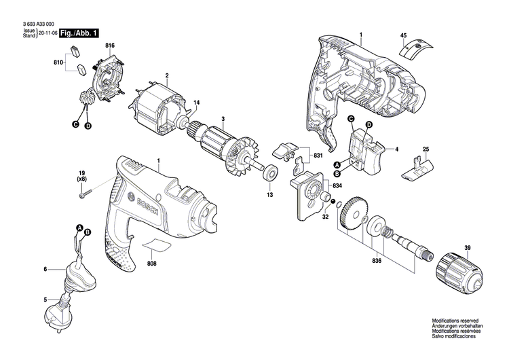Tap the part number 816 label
pos(109,46)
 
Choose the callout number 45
pos(403,35)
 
